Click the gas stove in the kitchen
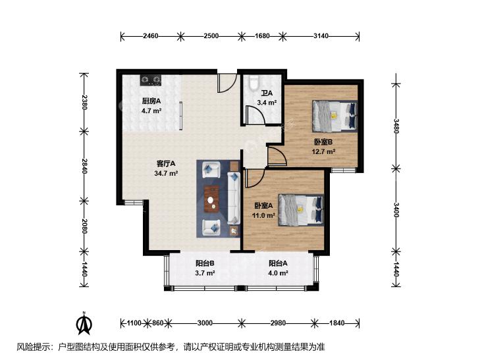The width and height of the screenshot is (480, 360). point(151,80)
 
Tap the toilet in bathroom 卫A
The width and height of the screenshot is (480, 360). point(253,83)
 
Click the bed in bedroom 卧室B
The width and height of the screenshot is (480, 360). point(334,116)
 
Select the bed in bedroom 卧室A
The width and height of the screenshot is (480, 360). point(301,210)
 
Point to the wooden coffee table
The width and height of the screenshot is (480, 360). point(211,199)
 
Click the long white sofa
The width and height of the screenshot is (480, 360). point(234,198)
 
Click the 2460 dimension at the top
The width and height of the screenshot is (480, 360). point(151,36)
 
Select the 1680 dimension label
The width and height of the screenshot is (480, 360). point(262,36)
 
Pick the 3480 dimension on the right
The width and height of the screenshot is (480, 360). point(396,126)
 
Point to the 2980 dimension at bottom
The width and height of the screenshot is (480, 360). point(279,323)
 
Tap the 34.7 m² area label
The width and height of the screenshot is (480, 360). point(166,174)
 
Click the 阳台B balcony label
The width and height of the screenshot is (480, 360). point(205,263)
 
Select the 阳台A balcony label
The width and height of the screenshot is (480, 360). point(278,263)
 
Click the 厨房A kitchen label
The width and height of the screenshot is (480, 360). point(151,101)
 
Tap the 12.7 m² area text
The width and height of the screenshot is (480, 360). point(323,151)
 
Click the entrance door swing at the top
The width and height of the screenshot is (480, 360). point(227,83)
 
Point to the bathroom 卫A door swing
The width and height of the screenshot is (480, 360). point(255,115)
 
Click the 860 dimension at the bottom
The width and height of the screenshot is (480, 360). point(157,323)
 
